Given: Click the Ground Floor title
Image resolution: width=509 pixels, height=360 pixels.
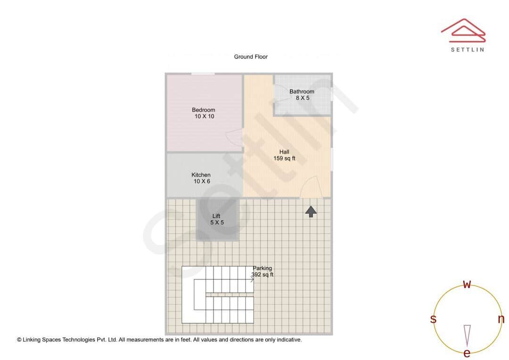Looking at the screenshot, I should pyautogui.click(x=251, y=57).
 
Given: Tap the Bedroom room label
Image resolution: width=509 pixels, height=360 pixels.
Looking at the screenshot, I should pyautogui.click(x=204, y=113).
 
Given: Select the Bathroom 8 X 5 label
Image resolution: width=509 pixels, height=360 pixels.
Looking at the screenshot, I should pyautogui.click(x=302, y=95).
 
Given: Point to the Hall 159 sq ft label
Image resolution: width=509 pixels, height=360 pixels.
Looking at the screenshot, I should pyautogui.click(x=284, y=155).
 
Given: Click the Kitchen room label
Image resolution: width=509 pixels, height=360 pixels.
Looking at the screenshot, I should pyautogui.click(x=201, y=178).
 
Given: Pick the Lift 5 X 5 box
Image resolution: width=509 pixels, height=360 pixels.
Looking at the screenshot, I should pyautogui.click(x=217, y=220).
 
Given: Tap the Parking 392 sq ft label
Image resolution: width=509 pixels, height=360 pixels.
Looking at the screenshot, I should pyautogui.click(x=263, y=271).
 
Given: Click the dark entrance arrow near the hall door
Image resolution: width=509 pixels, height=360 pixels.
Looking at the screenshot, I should pyautogui.click(x=311, y=212).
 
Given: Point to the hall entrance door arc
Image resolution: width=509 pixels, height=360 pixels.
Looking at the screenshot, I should pyautogui.click(x=311, y=187).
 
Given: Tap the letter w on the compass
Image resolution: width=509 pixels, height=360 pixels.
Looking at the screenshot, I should pyautogui.click(x=467, y=285).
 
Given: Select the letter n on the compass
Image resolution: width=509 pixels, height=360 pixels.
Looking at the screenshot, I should pyautogui.click(x=501, y=319).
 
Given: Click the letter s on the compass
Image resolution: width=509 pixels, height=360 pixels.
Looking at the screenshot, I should pyautogui.click(x=433, y=319).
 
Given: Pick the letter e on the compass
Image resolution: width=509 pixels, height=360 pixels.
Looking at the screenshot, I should pyautogui.click(x=467, y=353).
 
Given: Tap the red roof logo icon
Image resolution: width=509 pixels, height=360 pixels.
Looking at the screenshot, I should pyautogui.click(x=463, y=29).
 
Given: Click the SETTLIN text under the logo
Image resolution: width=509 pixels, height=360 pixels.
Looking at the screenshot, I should pyautogui.click(x=467, y=49).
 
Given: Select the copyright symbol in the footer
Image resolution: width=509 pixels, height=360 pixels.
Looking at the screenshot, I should pyautogui.click(x=19, y=339).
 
